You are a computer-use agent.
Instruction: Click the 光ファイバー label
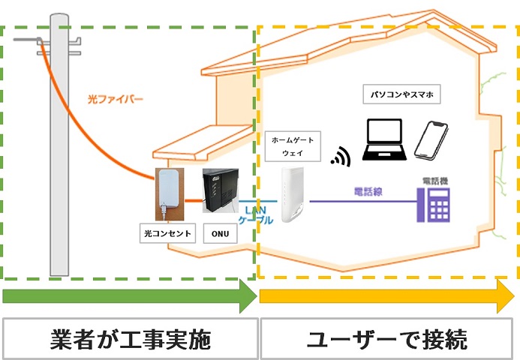click(x=115, y=98)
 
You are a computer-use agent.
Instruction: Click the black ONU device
click(x=220, y=194)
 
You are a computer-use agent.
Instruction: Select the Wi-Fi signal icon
click(x=340, y=155)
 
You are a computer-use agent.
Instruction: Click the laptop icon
click(x=385, y=140)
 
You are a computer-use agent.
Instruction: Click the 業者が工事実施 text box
click(x=131, y=338)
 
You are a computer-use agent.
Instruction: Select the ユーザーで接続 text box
click(x=387, y=338)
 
